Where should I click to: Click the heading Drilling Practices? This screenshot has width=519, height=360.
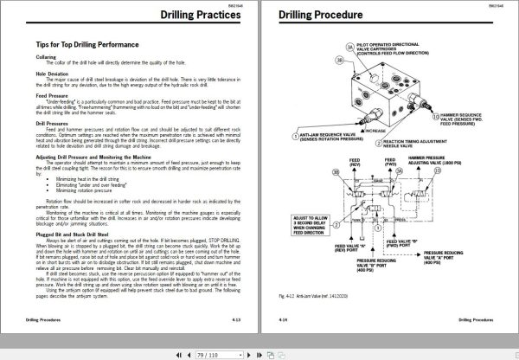point(202,16)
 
